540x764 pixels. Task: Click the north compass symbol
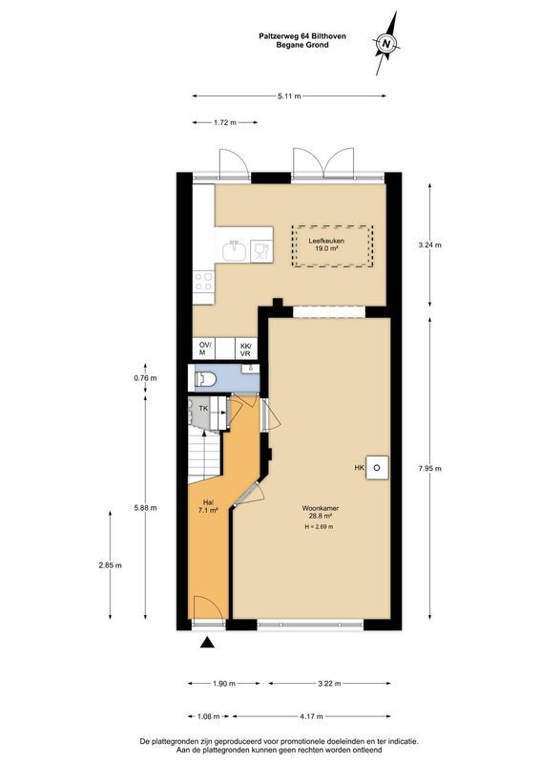[x=385, y=43]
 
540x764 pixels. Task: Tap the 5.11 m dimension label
[x=288, y=96]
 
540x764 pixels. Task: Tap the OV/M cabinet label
[x=204, y=350]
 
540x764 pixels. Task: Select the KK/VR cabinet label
[x=245, y=350]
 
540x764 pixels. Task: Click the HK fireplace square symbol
[x=378, y=467]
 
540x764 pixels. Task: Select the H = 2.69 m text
[x=319, y=527]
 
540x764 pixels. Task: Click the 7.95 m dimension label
[x=429, y=468]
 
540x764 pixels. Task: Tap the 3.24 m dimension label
[x=429, y=244]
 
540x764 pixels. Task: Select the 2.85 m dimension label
[x=112, y=564]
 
